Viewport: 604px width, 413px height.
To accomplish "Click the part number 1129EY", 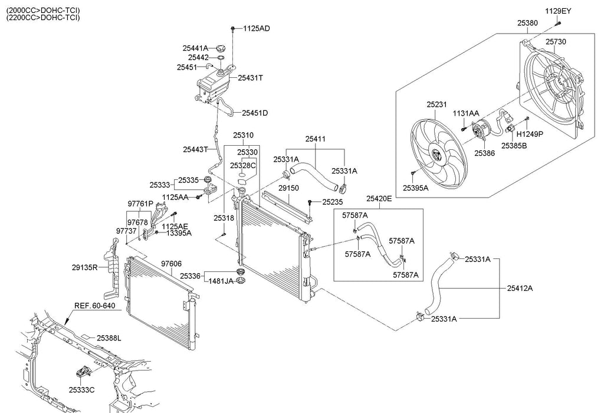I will (557, 11).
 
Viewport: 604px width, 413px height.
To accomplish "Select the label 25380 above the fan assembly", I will (527, 22).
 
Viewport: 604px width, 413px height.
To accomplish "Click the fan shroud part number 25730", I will (555, 42).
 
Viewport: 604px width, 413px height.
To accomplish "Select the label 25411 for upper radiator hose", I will (315, 139).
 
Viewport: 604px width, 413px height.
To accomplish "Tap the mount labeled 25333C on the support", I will (83, 373).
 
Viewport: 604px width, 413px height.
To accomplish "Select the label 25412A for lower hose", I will (520, 288).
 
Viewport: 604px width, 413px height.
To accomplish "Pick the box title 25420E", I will (379, 198).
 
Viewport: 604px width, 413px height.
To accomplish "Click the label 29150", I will (289, 188).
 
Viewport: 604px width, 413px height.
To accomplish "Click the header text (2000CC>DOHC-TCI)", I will (43, 11).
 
